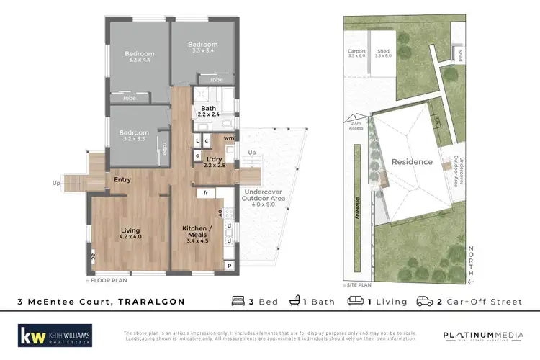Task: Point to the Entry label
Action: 121,179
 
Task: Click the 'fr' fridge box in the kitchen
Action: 206,193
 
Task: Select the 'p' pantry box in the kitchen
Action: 229,266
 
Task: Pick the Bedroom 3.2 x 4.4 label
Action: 138,57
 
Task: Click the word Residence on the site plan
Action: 413,162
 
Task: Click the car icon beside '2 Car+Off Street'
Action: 424,301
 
